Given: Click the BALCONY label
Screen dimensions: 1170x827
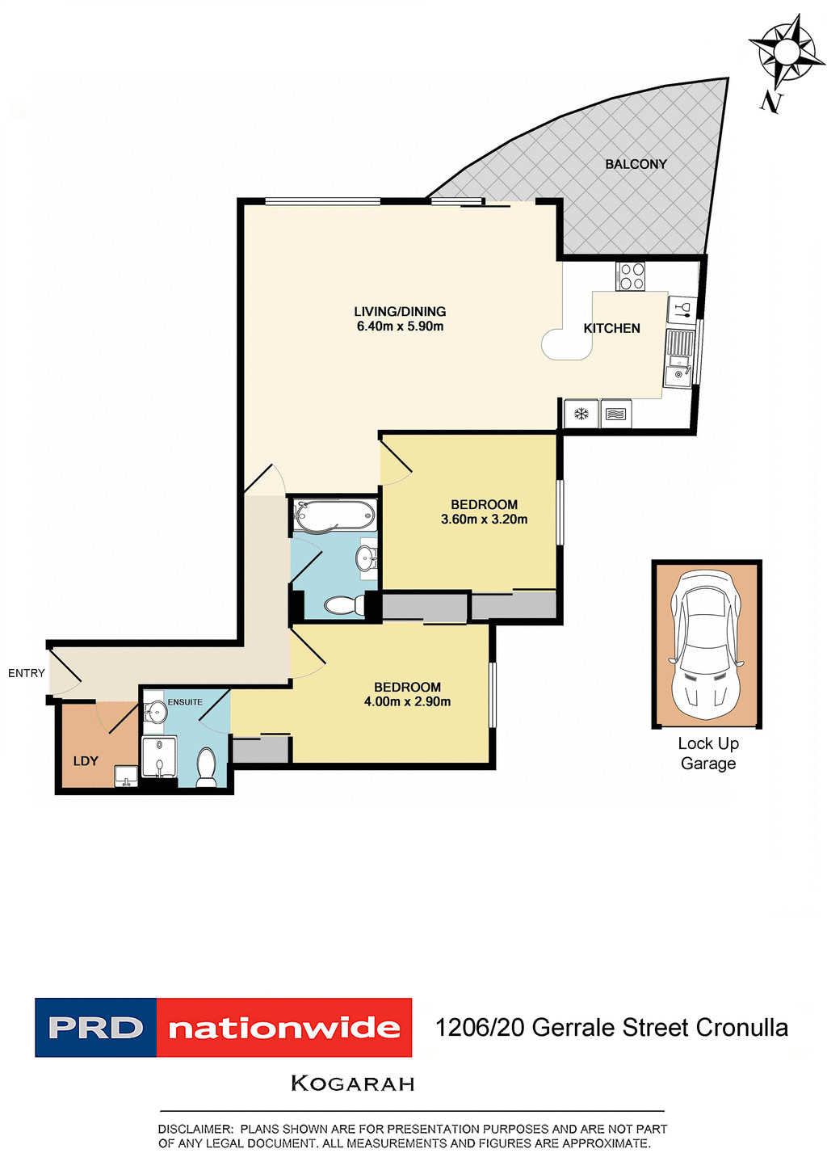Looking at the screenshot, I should point(636,164).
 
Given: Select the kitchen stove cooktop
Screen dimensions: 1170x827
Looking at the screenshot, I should point(631,276).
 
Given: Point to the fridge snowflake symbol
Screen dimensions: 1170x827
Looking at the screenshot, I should point(580,415).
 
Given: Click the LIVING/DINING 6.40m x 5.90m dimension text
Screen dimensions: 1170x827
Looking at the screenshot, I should point(400,326).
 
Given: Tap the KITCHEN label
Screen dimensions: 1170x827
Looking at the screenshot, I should point(611,328).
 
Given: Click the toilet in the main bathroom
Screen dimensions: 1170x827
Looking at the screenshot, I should point(344,604).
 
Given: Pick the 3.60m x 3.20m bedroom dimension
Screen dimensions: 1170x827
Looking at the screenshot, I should point(484,520).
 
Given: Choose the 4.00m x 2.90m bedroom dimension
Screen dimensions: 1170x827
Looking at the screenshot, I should point(407,701).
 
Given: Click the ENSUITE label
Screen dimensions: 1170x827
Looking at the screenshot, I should point(185,702).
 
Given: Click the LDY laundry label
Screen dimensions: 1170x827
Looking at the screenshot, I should point(86,760).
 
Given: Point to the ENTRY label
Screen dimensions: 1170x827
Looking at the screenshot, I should point(27,673).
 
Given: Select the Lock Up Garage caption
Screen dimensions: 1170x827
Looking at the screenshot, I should point(707,753).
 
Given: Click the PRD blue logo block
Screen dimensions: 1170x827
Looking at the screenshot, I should point(95,1028).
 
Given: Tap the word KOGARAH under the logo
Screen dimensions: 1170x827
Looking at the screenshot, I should point(352,1084).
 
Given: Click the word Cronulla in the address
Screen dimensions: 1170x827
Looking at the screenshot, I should point(741,1028).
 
